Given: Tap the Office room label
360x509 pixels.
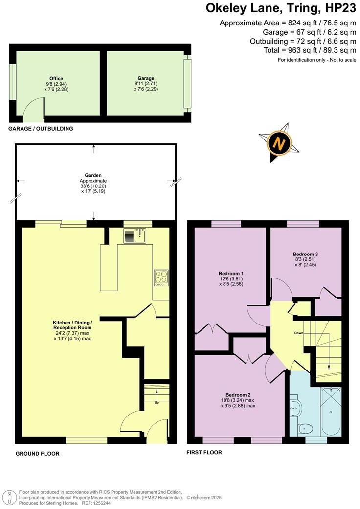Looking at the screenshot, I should coord(56,78).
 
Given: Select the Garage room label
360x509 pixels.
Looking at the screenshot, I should coord(146,78).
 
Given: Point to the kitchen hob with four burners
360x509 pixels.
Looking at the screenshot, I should coord(161,278).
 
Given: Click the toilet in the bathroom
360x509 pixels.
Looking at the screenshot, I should coord(306,429).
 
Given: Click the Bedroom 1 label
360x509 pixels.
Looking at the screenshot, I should coord(231,273).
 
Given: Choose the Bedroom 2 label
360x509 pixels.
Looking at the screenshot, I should coord(238,395).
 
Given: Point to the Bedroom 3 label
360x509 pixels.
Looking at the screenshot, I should coord(305,254).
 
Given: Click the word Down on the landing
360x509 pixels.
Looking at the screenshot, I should coord(299,333).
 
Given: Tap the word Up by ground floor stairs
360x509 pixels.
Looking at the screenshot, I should coord(157,403).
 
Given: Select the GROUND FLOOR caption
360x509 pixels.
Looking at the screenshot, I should coord(37,454).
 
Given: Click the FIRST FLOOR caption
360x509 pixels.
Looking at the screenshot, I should coord(204,452).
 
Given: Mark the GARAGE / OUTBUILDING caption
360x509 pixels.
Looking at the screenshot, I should coord(41,129).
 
